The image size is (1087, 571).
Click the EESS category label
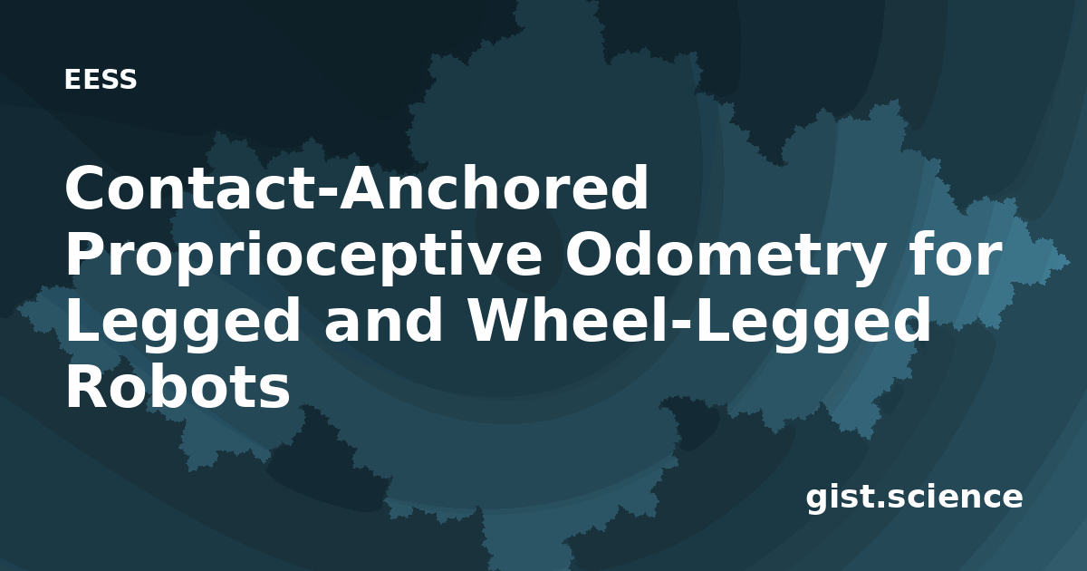[101, 80]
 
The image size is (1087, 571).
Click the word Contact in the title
[189, 188]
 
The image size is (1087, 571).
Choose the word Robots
[178, 388]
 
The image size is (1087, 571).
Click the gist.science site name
[914, 498]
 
